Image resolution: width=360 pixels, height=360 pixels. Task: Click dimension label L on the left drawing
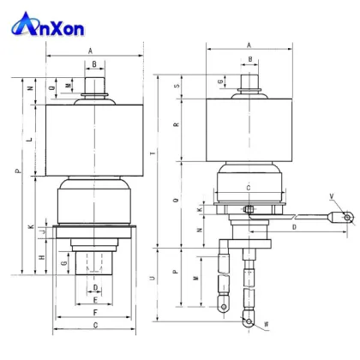coord(29,138)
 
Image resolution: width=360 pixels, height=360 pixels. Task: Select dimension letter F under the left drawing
coord(95,313)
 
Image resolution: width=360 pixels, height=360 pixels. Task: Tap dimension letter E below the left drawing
coord(95,300)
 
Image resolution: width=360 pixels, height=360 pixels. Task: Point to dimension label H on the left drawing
coord(41,257)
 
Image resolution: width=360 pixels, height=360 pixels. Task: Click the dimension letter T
coord(153,153)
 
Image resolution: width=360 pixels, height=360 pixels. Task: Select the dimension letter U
coord(153,279)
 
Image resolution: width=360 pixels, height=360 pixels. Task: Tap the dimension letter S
coord(177,87)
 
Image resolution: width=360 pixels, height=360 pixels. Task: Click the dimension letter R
coord(177,125)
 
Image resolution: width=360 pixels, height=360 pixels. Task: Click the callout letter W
coord(266,322)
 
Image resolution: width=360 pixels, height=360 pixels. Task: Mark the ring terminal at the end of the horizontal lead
coord(347,218)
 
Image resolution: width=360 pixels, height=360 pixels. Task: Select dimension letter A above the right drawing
coord(249,45)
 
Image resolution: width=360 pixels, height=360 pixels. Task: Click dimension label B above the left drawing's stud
coord(94,64)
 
